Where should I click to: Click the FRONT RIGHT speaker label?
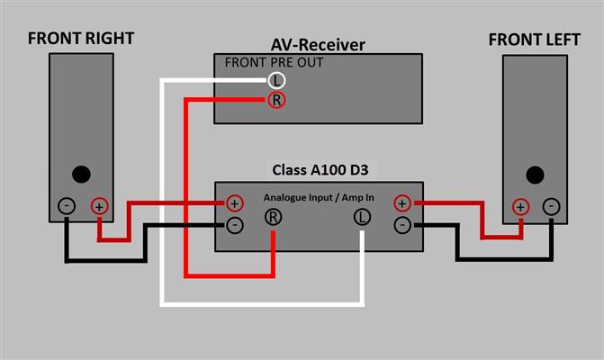pyautogui.click(x=81, y=38)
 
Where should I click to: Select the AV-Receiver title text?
pyautogui.click(x=317, y=45)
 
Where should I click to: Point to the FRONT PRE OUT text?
pyautogui.click(x=274, y=63)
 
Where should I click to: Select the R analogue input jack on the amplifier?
pyautogui.click(x=272, y=217)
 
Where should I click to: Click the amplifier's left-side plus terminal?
pyautogui.click(x=235, y=202)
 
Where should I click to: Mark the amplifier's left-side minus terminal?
pyautogui.click(x=235, y=224)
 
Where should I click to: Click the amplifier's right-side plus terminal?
pyautogui.click(x=402, y=202)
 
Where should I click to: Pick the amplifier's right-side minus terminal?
pyautogui.click(x=402, y=224)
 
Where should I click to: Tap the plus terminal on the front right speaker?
pyautogui.click(x=99, y=206)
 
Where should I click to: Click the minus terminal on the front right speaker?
pyautogui.click(x=67, y=206)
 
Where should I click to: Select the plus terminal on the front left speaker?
pyautogui.click(x=520, y=206)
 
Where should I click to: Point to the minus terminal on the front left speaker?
pyautogui.click(x=551, y=206)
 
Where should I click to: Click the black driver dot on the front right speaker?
pyautogui.click(x=81, y=174)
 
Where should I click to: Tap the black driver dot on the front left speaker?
pyautogui.click(x=535, y=174)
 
